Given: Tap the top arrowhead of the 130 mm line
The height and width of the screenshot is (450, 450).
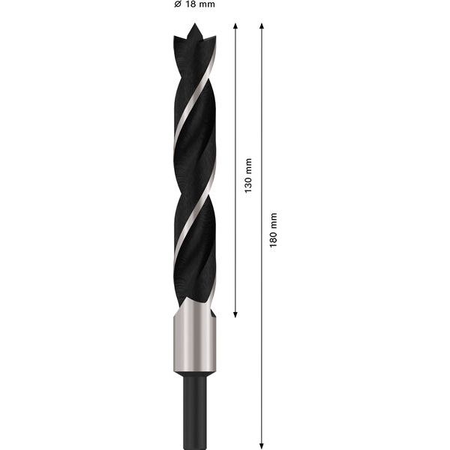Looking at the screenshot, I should tap(235, 26).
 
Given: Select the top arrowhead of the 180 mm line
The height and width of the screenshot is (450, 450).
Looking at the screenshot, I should tap(262, 26).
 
